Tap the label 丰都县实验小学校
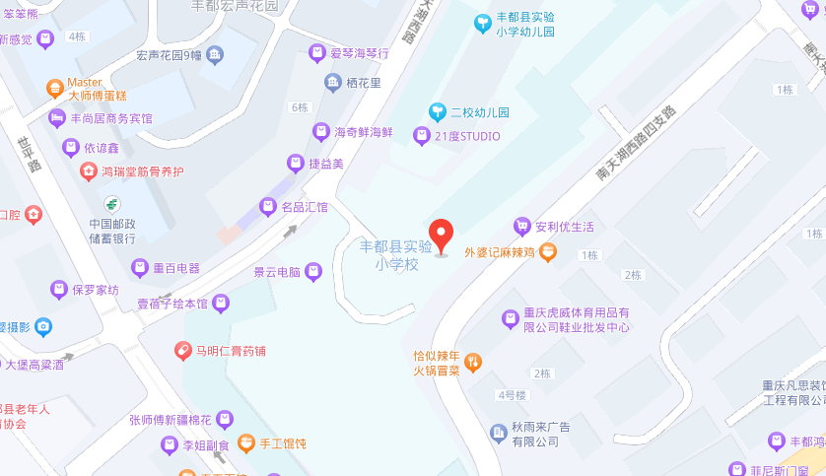pyautogui.click(x=396, y=254)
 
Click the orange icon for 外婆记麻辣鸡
pyautogui.click(x=548, y=252)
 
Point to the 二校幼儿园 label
pyautogui.click(x=480, y=112)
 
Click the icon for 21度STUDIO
pyautogui.click(x=422, y=136)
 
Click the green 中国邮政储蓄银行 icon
pyautogui.click(x=112, y=204)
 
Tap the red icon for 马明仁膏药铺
pyautogui.click(x=183, y=351)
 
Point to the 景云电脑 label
pyautogui.click(x=277, y=271)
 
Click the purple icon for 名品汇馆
pyautogui.click(x=266, y=207)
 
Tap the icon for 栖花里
pyautogui.click(x=333, y=83)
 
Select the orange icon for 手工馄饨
pyautogui.click(x=246, y=443)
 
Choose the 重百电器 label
pyautogui.click(x=176, y=268)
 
